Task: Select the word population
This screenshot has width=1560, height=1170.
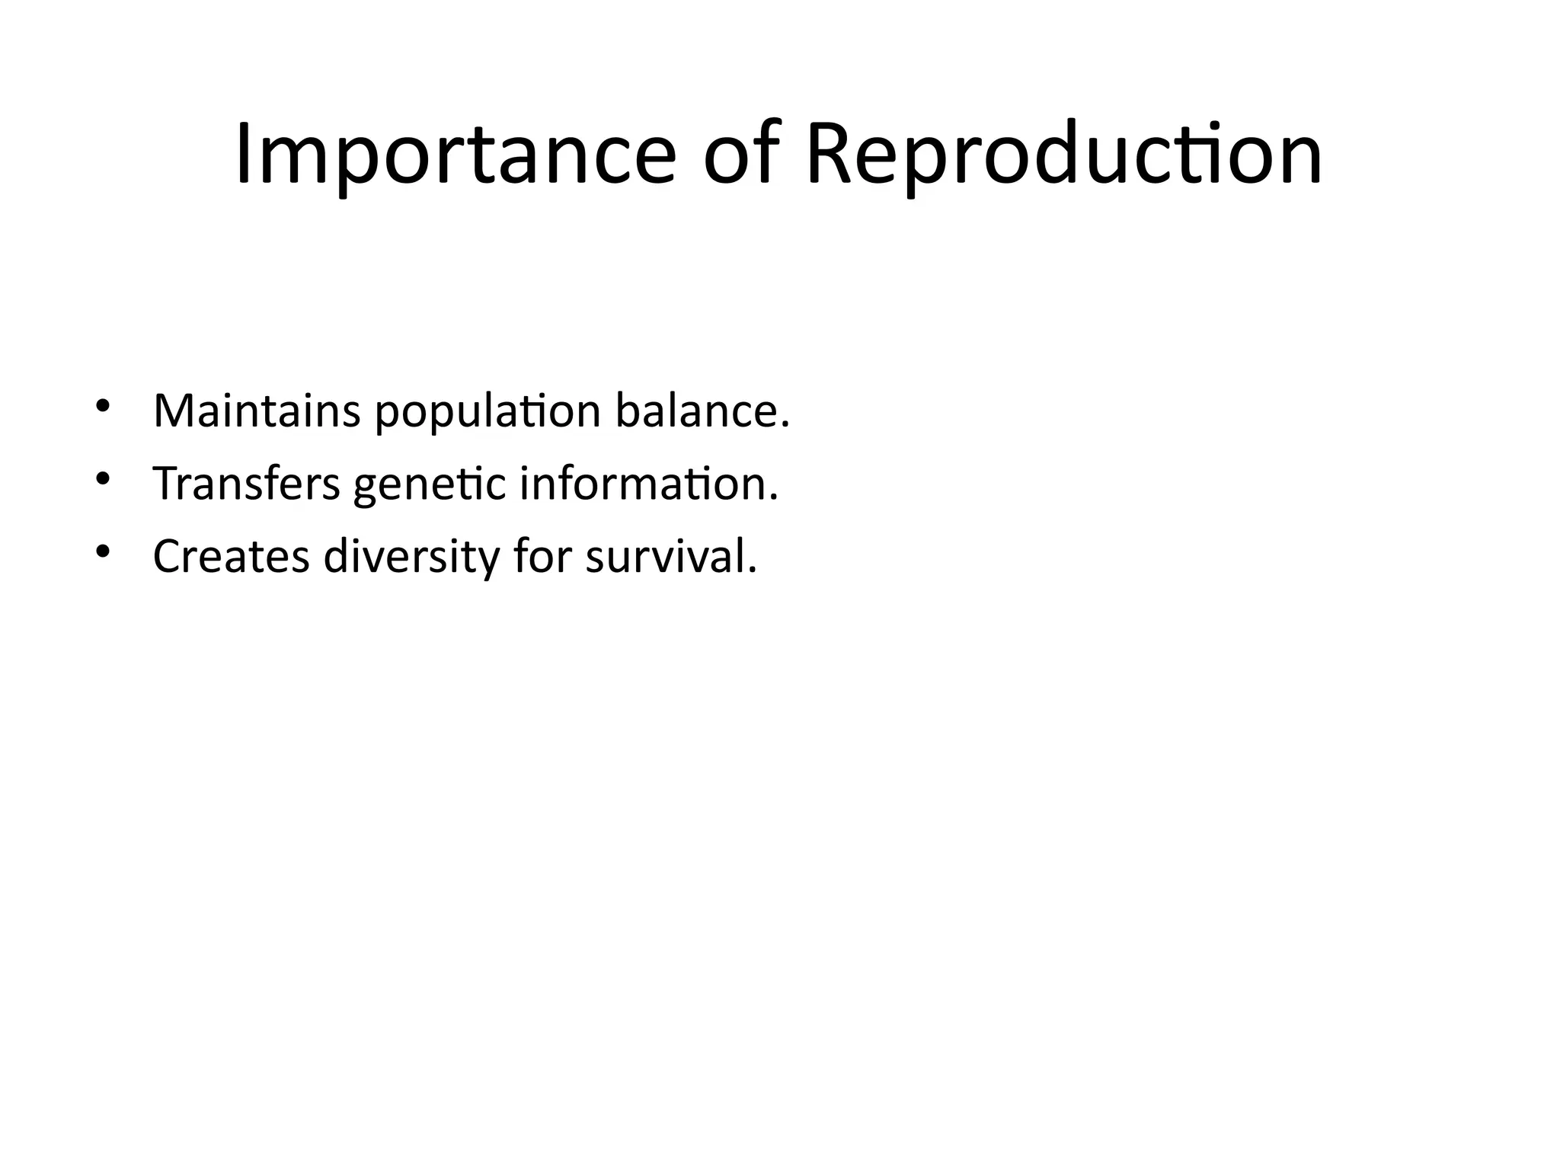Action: [x=487, y=412]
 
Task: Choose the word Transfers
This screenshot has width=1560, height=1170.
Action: [x=247, y=484]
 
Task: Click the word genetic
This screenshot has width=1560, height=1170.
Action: [x=430, y=485]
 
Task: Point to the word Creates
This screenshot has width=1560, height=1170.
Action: [x=232, y=557]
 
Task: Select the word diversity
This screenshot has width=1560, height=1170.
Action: [x=411, y=557]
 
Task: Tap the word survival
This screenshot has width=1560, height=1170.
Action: [x=667, y=557]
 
